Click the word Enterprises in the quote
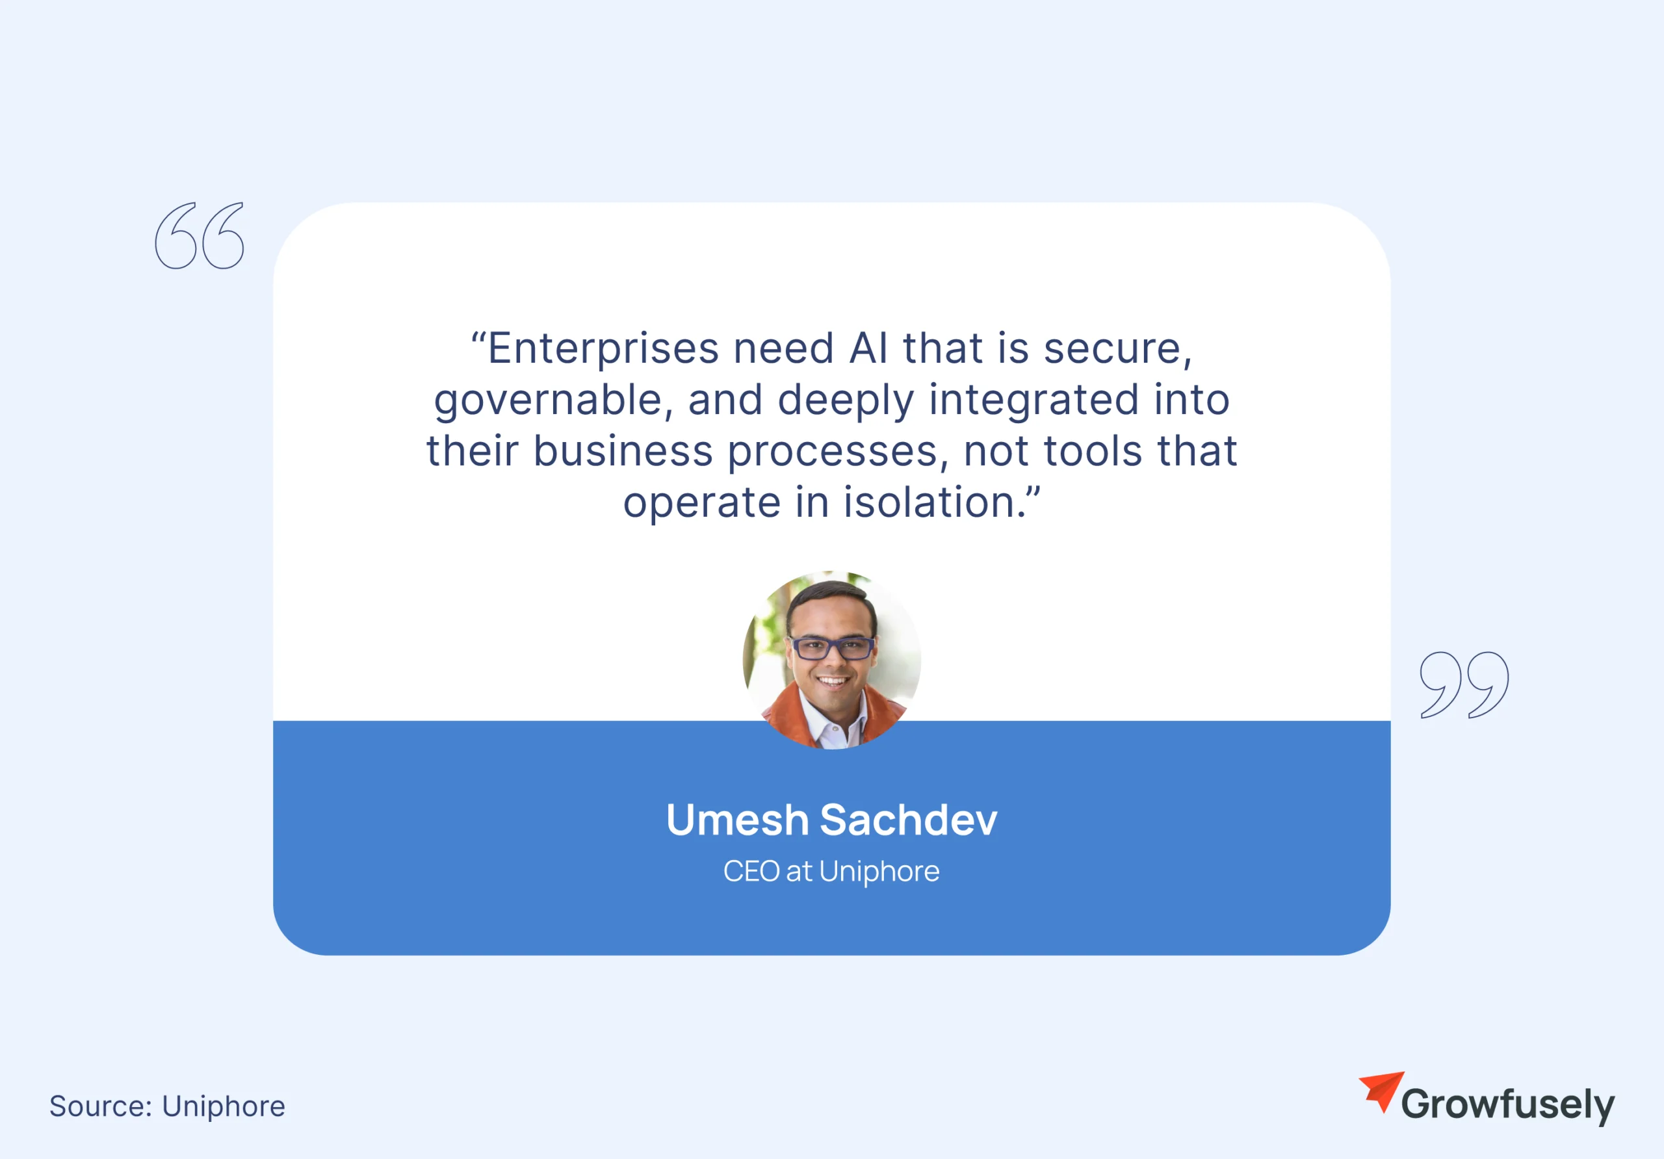click(x=603, y=348)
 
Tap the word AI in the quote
click(x=868, y=348)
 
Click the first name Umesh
click(x=737, y=820)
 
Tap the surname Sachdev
click(x=909, y=820)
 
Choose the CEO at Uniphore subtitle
click(x=831, y=871)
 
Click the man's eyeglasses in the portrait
click(x=832, y=647)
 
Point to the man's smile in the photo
click(x=832, y=681)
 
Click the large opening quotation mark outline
click(x=200, y=235)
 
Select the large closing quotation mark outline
click(x=1464, y=685)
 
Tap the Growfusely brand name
click(x=1507, y=1104)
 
